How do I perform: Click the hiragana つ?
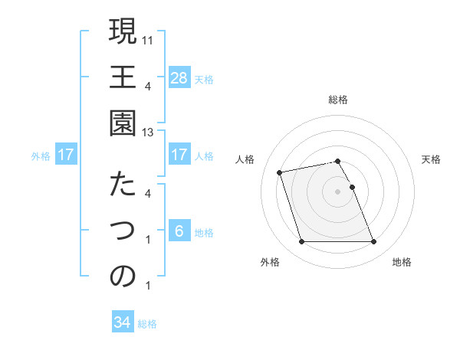click(x=123, y=230)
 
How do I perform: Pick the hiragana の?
click(x=123, y=277)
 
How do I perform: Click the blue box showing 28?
click(x=179, y=77)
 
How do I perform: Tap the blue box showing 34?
click(x=123, y=322)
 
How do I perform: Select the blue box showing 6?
click(x=179, y=231)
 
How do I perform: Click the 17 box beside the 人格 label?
click(x=179, y=155)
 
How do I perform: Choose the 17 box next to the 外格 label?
click(x=66, y=155)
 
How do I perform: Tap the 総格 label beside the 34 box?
click(x=147, y=324)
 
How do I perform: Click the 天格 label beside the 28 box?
click(x=204, y=79)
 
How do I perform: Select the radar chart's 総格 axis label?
click(x=337, y=100)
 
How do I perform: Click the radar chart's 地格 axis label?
click(x=402, y=262)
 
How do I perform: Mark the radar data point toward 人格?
click(x=280, y=172)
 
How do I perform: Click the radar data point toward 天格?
click(x=352, y=187)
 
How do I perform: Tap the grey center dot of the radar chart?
click(x=337, y=191)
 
